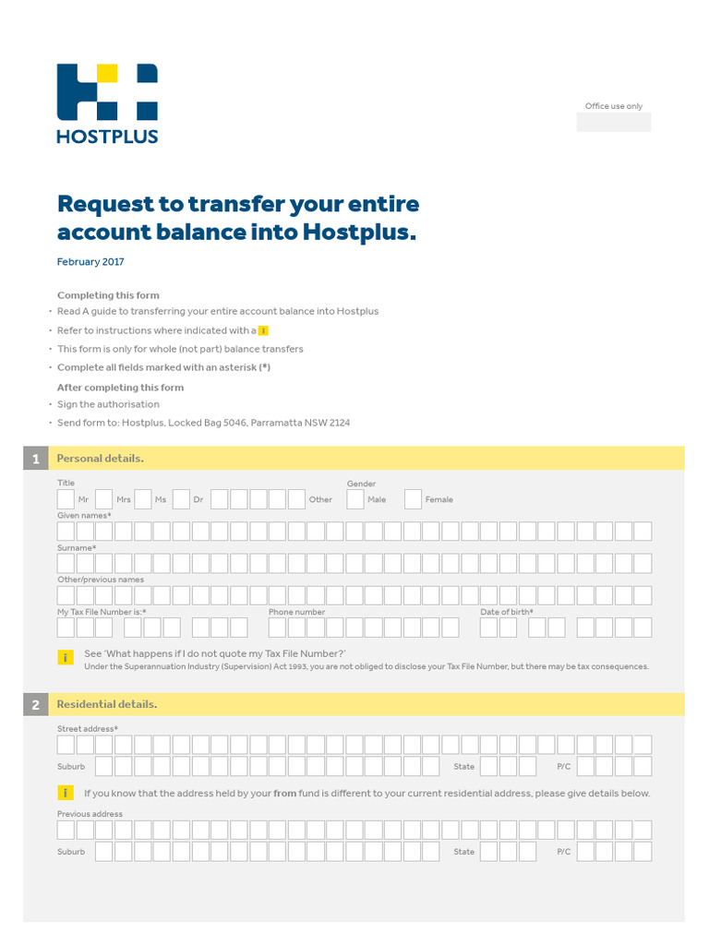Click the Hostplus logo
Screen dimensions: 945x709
point(107,102)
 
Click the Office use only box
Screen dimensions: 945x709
point(613,122)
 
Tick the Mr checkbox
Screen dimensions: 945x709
point(66,499)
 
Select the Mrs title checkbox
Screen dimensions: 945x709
point(104,499)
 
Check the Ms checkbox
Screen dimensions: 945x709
point(143,499)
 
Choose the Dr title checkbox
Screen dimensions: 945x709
point(181,499)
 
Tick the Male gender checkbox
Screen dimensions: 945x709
point(355,499)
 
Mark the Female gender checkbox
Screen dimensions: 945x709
point(413,499)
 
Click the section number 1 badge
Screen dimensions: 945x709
point(35,459)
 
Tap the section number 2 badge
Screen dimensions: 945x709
point(35,705)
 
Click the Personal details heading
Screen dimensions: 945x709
point(101,459)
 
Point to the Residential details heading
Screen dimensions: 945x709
point(107,705)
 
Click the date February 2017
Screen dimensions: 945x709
point(90,262)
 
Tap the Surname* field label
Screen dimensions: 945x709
point(77,548)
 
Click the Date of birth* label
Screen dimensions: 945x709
point(507,612)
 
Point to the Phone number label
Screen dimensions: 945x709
point(296,612)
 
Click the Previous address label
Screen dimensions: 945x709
point(90,814)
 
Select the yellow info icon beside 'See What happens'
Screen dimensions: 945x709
point(66,658)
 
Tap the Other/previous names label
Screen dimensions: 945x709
point(101,580)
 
